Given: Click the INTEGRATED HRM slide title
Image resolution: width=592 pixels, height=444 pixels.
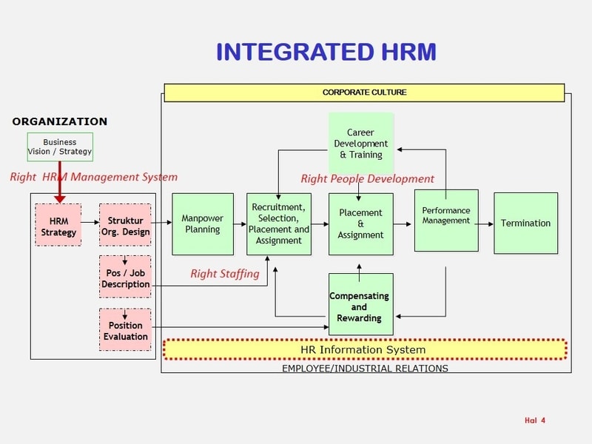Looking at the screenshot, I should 326,52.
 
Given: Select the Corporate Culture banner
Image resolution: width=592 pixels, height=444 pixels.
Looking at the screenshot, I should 364,92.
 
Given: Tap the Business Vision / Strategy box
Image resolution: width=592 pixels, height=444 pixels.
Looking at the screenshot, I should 60,147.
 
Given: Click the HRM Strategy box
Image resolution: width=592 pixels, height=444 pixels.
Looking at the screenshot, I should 58,226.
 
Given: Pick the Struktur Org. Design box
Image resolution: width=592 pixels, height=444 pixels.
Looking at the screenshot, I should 125,226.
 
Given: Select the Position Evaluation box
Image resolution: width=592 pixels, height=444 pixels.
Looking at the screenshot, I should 125,331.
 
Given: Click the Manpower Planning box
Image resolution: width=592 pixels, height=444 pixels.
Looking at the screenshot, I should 203,224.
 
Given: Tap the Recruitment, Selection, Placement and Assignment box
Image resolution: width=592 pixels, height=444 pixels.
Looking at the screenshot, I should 279,224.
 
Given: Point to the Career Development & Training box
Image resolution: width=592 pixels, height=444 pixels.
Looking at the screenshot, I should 361,144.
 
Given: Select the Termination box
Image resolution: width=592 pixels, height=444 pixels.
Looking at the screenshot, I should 525,223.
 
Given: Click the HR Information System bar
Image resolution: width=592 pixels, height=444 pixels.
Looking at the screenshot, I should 363,349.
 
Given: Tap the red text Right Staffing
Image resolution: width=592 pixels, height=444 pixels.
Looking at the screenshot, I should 225,274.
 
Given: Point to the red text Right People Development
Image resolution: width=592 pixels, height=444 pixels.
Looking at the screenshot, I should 367,178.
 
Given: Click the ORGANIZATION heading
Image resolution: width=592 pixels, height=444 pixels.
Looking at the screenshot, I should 60,121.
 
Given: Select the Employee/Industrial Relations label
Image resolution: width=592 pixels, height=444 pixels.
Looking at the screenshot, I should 365,368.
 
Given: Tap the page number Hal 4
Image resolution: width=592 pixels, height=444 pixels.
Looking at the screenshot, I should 535,421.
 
